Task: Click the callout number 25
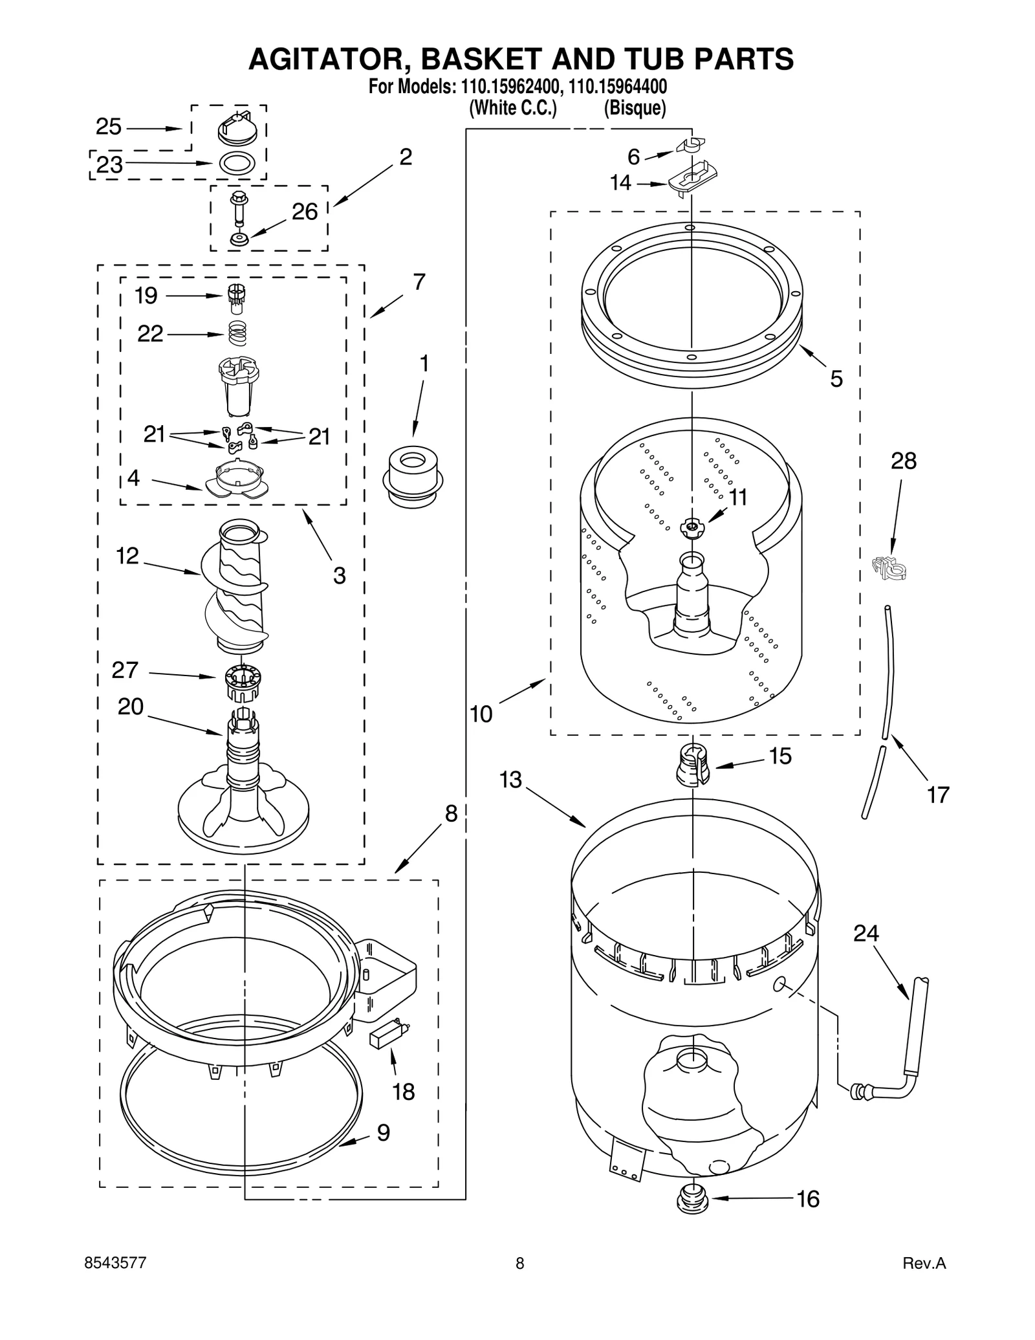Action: coord(108,127)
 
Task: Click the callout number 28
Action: coord(903,461)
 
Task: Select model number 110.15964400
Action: coord(618,87)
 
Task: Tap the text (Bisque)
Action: coord(635,107)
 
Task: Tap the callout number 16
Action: coord(808,1198)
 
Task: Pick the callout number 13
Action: coord(510,780)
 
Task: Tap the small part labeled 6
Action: coord(691,146)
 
